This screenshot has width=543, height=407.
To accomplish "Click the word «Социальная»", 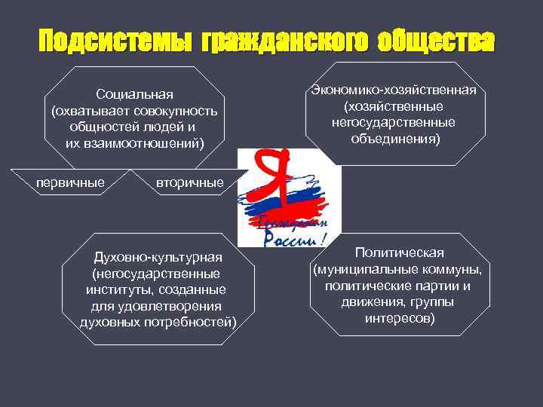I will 134,95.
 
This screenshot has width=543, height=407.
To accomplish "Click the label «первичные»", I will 71,182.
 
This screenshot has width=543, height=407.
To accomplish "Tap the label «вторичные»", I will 189,182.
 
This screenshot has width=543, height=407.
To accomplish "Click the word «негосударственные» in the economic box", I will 392,123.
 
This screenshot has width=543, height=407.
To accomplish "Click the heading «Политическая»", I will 400,253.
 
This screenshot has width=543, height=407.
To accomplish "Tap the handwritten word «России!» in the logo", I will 294,237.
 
